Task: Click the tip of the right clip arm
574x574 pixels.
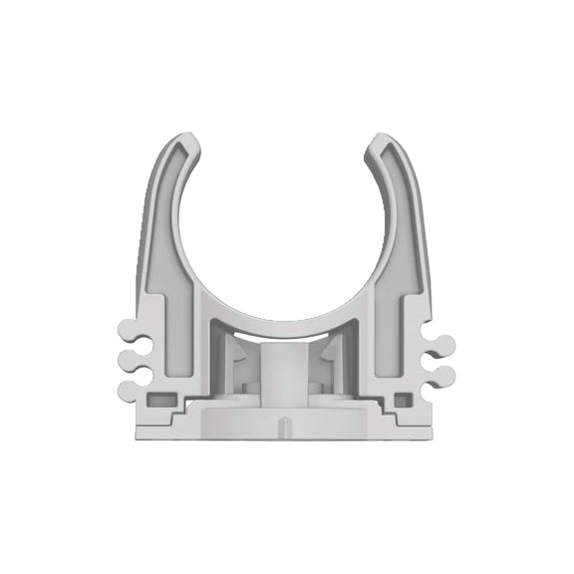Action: [388, 141]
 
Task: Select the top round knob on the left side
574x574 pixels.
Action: [126, 330]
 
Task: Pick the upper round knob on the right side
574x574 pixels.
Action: [445, 346]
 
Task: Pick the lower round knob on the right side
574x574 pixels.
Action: [445, 376]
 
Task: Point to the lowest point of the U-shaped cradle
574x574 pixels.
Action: [287, 321]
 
